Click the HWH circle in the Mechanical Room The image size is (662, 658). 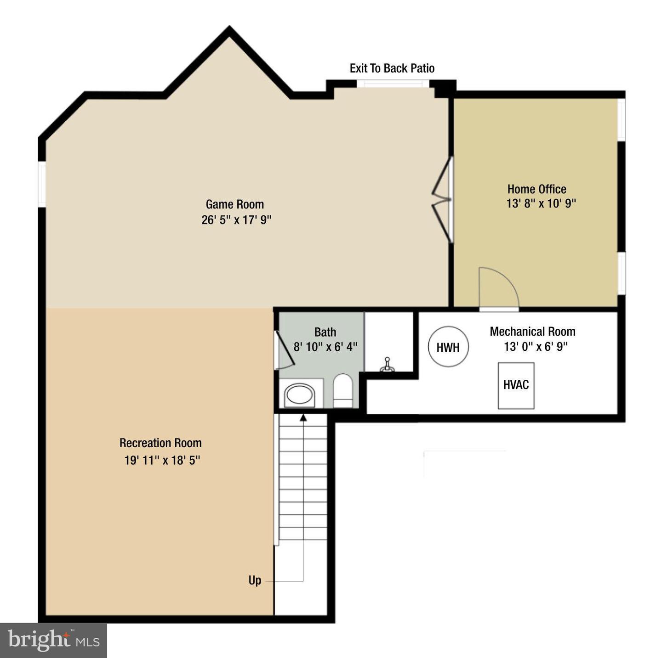click(x=448, y=347)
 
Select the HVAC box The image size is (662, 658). click(x=516, y=385)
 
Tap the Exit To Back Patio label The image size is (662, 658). click(x=392, y=68)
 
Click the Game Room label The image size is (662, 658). click(x=234, y=204)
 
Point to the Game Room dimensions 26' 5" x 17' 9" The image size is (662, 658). click(x=236, y=220)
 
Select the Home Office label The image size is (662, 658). click(x=536, y=189)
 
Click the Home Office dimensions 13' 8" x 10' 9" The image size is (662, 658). click(x=541, y=203)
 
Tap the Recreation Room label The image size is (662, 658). click(x=160, y=443)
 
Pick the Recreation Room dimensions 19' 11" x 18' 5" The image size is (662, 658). click(x=162, y=460)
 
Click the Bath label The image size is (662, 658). click(x=325, y=332)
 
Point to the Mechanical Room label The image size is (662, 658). click(x=532, y=332)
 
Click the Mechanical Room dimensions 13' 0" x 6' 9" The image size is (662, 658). click(x=536, y=347)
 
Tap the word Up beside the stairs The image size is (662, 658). click(x=255, y=580)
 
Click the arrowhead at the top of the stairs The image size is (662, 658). click(x=303, y=417)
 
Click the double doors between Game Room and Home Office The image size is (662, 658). click(x=443, y=199)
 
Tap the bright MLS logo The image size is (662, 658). click(x=53, y=640)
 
